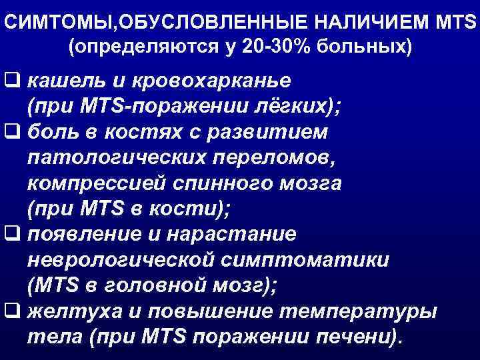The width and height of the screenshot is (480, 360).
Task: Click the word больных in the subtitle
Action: tap(363, 47)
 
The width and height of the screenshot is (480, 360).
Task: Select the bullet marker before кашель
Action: tap(11, 81)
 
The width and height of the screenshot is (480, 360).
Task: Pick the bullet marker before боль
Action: tap(11, 133)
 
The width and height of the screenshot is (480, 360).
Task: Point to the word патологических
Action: tap(106, 158)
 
